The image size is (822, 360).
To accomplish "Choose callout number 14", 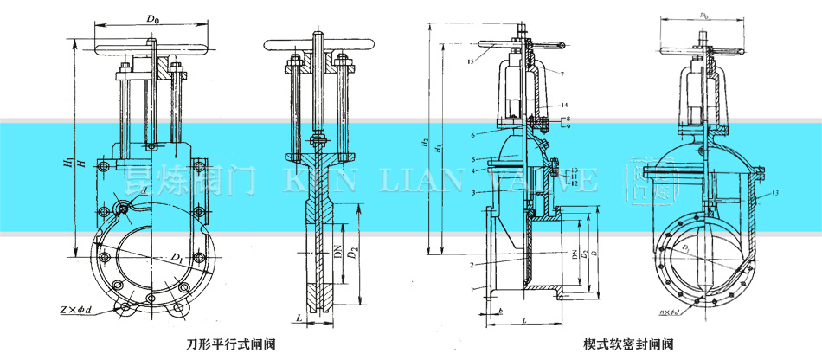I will (x=563, y=104).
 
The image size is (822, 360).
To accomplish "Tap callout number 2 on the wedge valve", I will (x=472, y=263).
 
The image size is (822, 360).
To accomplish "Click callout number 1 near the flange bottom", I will (x=472, y=287).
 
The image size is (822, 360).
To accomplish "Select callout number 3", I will (x=472, y=191).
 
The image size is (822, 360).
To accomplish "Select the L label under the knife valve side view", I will (x=298, y=318).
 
